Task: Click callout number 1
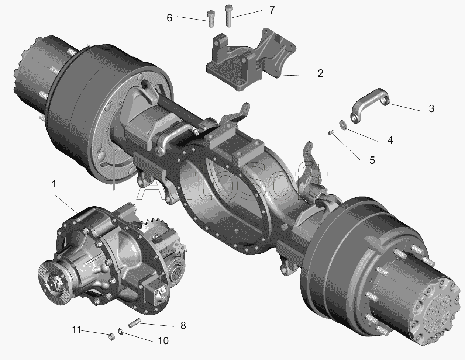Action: click(x=54, y=184)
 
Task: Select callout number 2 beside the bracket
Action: click(x=320, y=73)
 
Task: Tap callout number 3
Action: click(x=432, y=108)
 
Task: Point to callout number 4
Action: click(x=390, y=141)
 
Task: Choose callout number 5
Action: click(x=372, y=160)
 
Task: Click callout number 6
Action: click(x=169, y=18)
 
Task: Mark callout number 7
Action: click(x=272, y=10)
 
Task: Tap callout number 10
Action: click(x=163, y=341)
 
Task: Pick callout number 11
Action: click(x=76, y=330)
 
